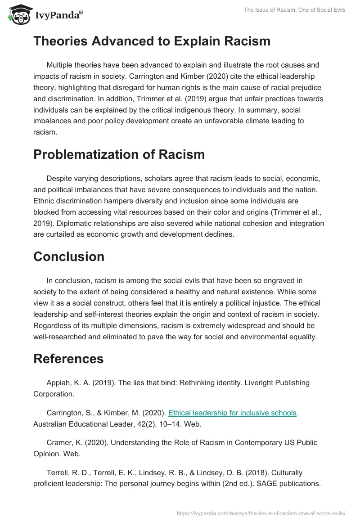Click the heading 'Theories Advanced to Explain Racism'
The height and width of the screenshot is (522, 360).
tap(152, 41)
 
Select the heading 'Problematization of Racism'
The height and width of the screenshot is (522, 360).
tap(119, 154)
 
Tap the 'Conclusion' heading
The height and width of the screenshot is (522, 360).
tap(69, 256)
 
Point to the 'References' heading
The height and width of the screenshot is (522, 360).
tap(68, 359)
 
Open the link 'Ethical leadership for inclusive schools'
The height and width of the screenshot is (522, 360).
tap(232, 413)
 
